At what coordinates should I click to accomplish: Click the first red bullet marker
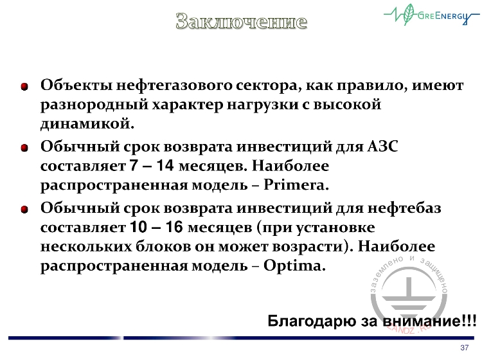click(24, 86)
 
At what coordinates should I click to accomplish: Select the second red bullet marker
click(24, 148)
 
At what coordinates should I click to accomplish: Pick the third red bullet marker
click(24, 209)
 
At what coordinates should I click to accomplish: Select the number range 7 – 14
click(152, 166)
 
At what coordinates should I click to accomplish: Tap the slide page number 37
click(465, 348)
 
